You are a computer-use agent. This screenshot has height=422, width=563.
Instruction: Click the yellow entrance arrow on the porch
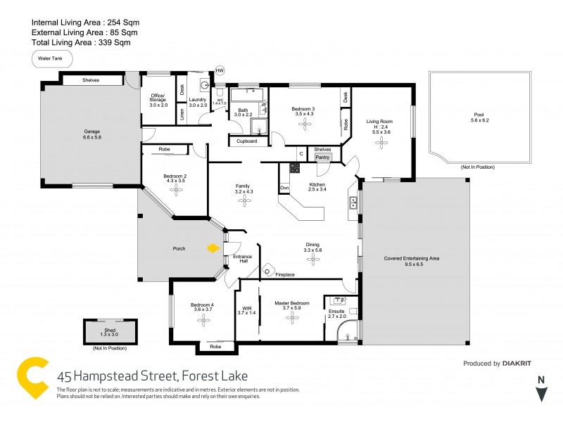click(213, 248)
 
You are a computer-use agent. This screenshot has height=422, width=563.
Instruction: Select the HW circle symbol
click(220, 70)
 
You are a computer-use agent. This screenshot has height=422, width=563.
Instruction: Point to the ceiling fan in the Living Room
click(382, 143)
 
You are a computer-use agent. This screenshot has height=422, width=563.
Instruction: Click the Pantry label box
click(322, 158)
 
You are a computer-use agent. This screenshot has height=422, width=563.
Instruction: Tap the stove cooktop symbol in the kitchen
click(294, 168)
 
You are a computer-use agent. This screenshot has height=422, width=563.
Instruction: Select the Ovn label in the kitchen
click(284, 188)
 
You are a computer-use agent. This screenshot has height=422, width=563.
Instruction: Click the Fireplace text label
click(285, 274)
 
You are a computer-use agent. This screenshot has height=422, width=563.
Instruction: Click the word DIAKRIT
click(521, 364)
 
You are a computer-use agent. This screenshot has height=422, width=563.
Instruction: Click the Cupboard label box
click(246, 141)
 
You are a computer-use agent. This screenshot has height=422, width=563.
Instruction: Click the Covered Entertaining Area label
click(412, 259)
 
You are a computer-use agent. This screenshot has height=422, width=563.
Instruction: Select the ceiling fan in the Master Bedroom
click(292, 317)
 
